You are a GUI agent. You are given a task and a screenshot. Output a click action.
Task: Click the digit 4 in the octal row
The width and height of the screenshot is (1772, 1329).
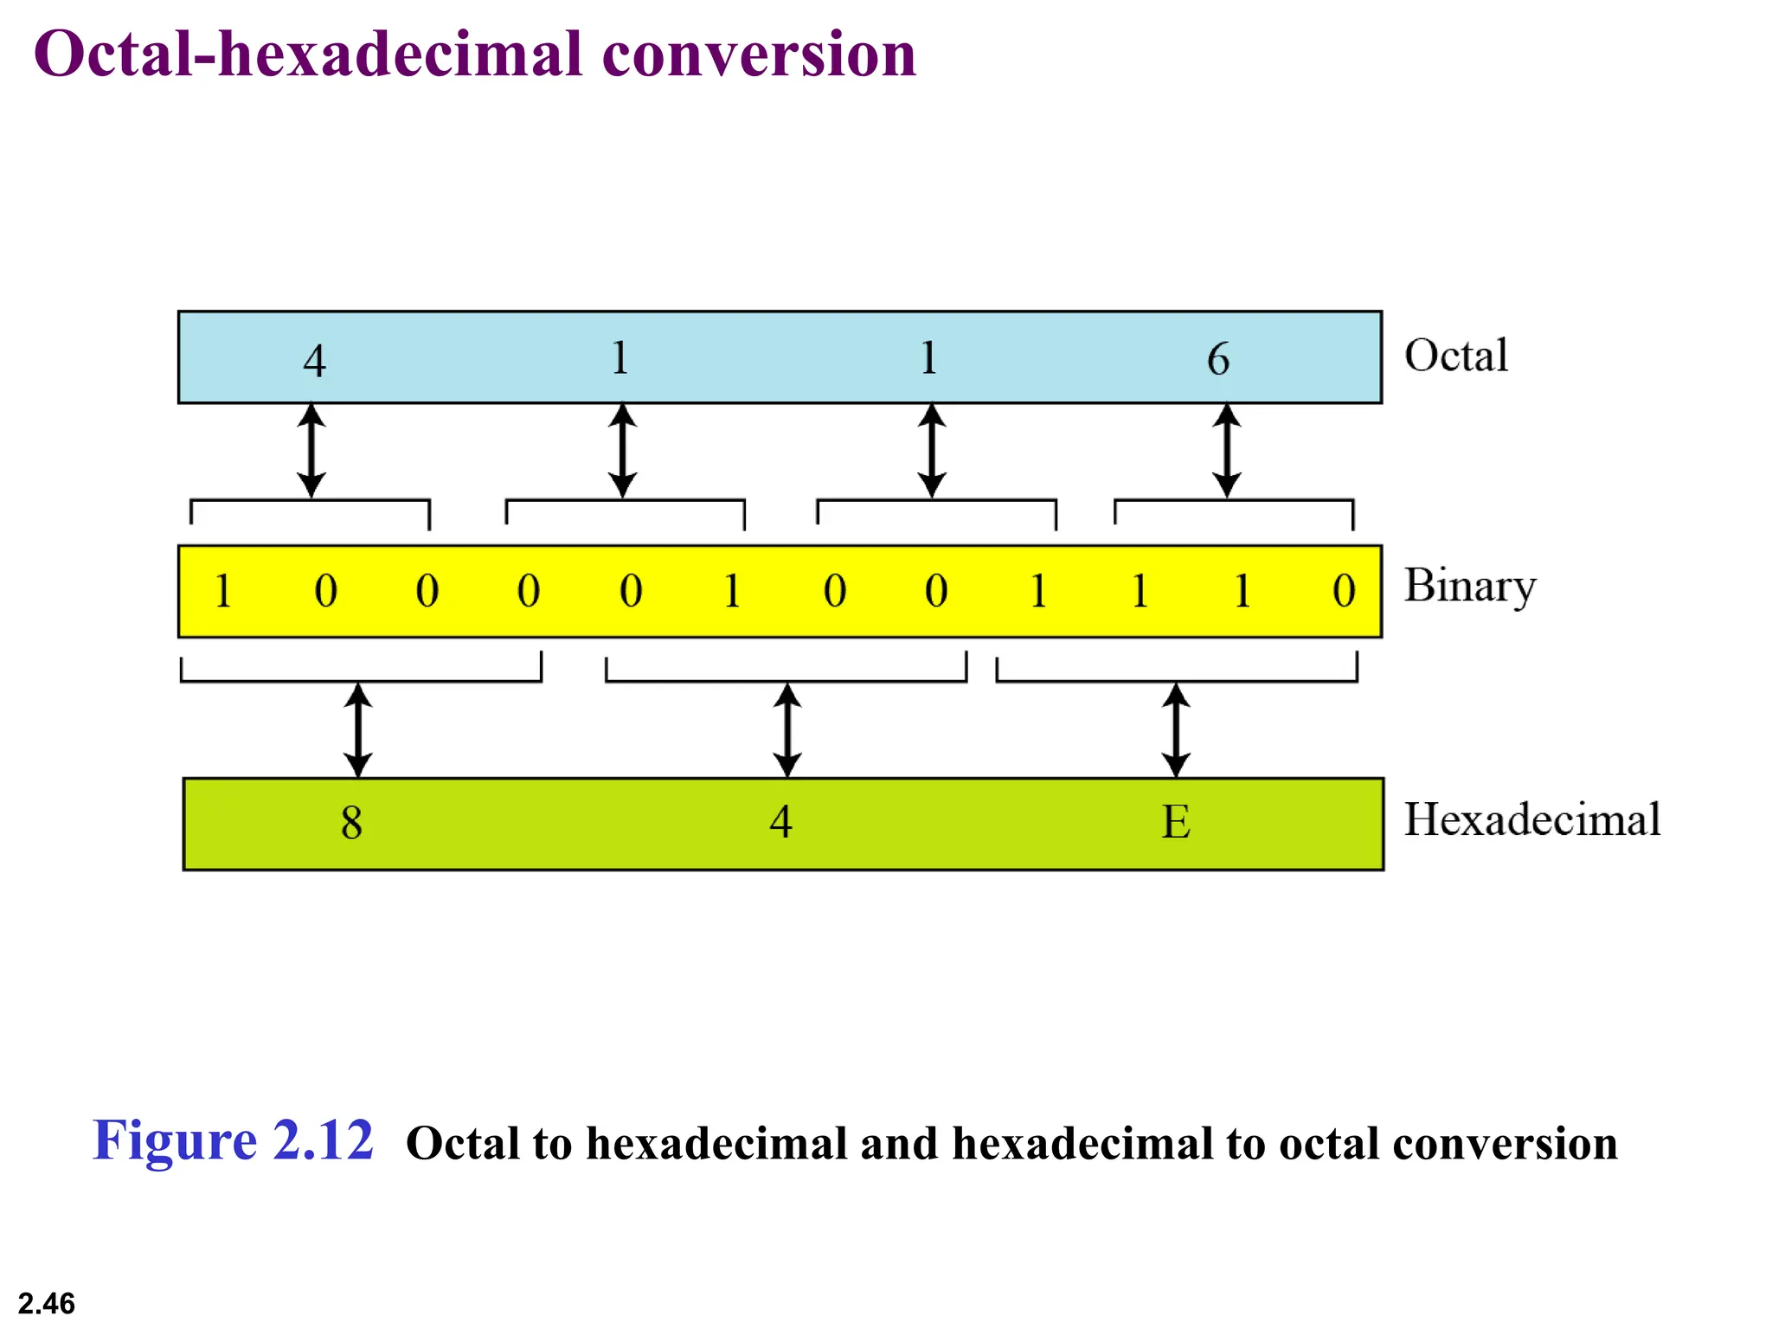(314, 360)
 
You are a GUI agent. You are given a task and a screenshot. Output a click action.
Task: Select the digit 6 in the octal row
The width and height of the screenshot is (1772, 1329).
(1218, 358)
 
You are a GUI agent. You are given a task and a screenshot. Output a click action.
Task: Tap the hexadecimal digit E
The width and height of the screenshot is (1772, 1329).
(1176, 821)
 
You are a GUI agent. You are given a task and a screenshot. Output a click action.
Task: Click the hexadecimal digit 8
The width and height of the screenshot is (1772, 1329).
(351, 822)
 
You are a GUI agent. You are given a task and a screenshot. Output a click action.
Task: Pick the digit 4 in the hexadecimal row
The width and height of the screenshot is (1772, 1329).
(781, 821)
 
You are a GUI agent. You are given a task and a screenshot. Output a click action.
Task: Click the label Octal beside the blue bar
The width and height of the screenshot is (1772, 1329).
(1456, 355)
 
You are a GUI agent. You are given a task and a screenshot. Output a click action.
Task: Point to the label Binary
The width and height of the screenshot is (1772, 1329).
(1469, 586)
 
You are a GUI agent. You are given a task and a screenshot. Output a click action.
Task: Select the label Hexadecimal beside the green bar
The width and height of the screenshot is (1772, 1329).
(1531, 819)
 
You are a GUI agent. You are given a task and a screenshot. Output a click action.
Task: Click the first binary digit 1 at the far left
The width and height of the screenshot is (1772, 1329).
(222, 591)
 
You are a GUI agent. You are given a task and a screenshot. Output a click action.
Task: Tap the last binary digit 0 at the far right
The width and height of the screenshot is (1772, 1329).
(1344, 591)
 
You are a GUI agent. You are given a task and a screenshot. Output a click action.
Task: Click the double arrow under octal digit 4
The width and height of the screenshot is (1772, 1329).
(311, 450)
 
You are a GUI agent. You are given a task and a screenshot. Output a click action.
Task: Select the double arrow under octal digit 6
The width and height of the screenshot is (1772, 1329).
(1226, 450)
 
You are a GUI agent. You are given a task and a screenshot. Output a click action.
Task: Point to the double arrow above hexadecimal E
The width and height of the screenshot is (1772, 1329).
(1176, 729)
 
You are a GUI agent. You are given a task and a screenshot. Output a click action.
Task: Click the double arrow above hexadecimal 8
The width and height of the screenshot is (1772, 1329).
(358, 729)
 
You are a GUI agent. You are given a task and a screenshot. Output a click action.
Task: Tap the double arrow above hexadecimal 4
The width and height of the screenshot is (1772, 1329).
(786, 729)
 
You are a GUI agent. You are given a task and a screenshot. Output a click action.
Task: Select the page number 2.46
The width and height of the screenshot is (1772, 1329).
(47, 1303)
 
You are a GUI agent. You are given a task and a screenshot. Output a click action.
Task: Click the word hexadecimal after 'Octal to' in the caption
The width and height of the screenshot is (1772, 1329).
(717, 1143)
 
